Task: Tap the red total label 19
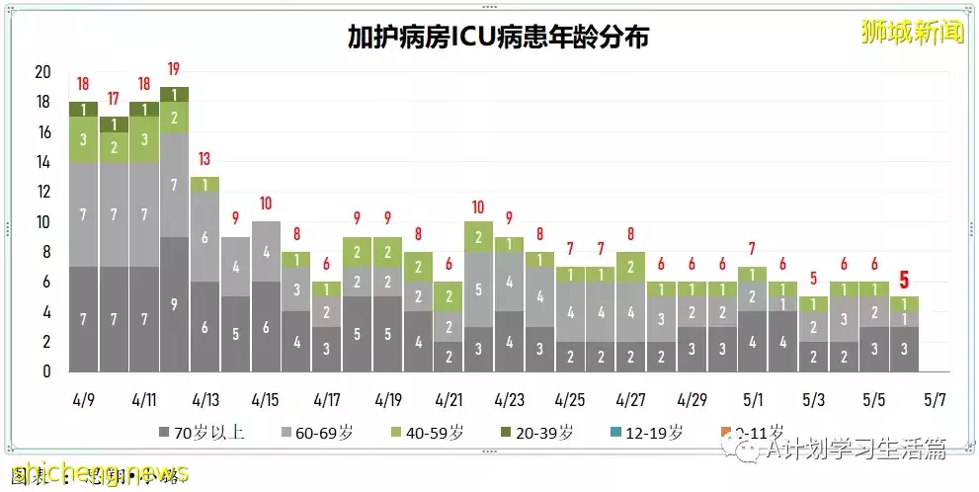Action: pos(174,70)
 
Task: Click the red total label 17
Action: pos(114,99)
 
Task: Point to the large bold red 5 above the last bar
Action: pos(904,280)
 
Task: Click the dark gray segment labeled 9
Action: pos(174,304)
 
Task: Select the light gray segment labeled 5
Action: pos(478,290)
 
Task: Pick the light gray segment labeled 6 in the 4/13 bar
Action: pos(204,237)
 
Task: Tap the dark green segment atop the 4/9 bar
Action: pos(83,109)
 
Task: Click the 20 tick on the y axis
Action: pos(42,72)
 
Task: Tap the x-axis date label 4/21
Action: pos(449,401)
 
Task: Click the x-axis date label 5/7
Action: pos(935,401)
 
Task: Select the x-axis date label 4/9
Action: pos(84,401)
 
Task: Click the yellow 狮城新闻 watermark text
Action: pos(912,32)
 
